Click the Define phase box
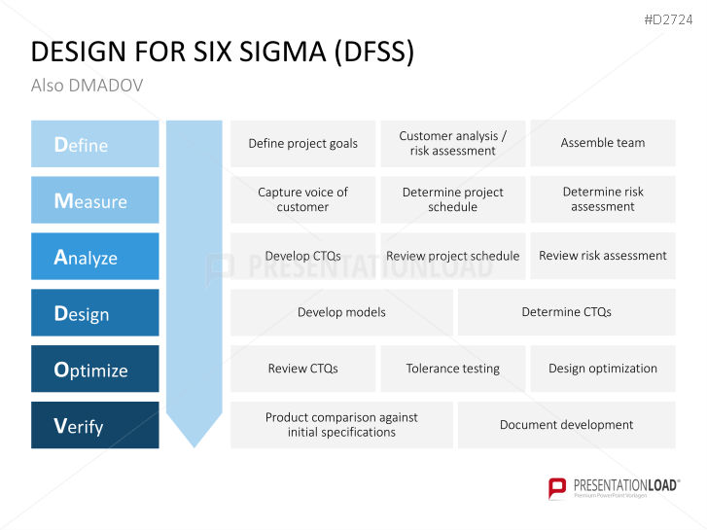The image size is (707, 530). (94, 144)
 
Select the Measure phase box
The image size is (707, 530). (94, 200)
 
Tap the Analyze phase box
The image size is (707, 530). (94, 257)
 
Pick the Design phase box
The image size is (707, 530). (94, 313)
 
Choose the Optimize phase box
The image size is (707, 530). (94, 370)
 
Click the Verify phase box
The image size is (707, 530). (94, 426)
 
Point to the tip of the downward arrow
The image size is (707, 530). (194, 444)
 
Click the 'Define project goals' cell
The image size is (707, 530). (302, 144)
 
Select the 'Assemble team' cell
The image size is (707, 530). (602, 143)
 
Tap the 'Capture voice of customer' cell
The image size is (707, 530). (302, 199)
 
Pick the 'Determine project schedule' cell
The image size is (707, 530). (452, 199)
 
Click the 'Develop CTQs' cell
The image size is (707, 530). (302, 256)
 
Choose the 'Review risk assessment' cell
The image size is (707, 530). (602, 256)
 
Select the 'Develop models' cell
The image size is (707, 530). (341, 312)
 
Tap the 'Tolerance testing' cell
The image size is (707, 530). (452, 369)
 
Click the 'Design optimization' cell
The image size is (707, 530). (602, 369)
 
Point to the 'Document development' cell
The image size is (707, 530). (566, 425)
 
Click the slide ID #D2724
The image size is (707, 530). (669, 19)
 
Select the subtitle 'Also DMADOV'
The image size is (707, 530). (87, 86)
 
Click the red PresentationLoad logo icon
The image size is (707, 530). (557, 487)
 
